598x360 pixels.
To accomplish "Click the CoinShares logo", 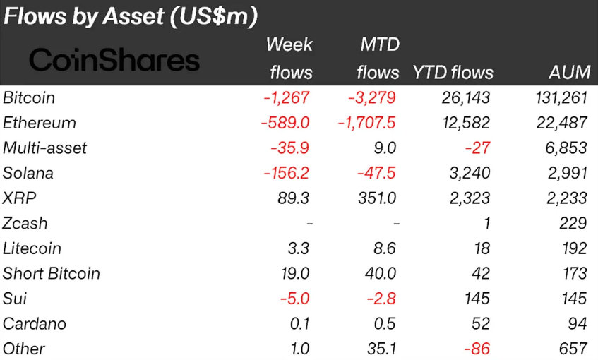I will pos(114,60).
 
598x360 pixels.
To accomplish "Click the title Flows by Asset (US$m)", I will pos(131,16).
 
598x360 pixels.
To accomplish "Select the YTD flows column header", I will pos(453,73).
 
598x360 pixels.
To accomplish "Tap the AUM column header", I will pos(568,73).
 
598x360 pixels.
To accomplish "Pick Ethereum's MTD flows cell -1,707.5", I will pos(366,123).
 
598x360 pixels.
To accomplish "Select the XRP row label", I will pos(19,198).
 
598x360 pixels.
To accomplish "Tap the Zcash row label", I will pos(25,223).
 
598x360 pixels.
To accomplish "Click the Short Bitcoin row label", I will pos(52,273).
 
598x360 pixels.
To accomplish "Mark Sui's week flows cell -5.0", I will pos(293,299).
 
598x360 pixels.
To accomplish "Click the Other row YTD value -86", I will pos(477,349).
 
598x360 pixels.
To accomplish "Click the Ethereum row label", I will pos(40,123).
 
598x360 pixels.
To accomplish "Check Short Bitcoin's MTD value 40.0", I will pos(381,273).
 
